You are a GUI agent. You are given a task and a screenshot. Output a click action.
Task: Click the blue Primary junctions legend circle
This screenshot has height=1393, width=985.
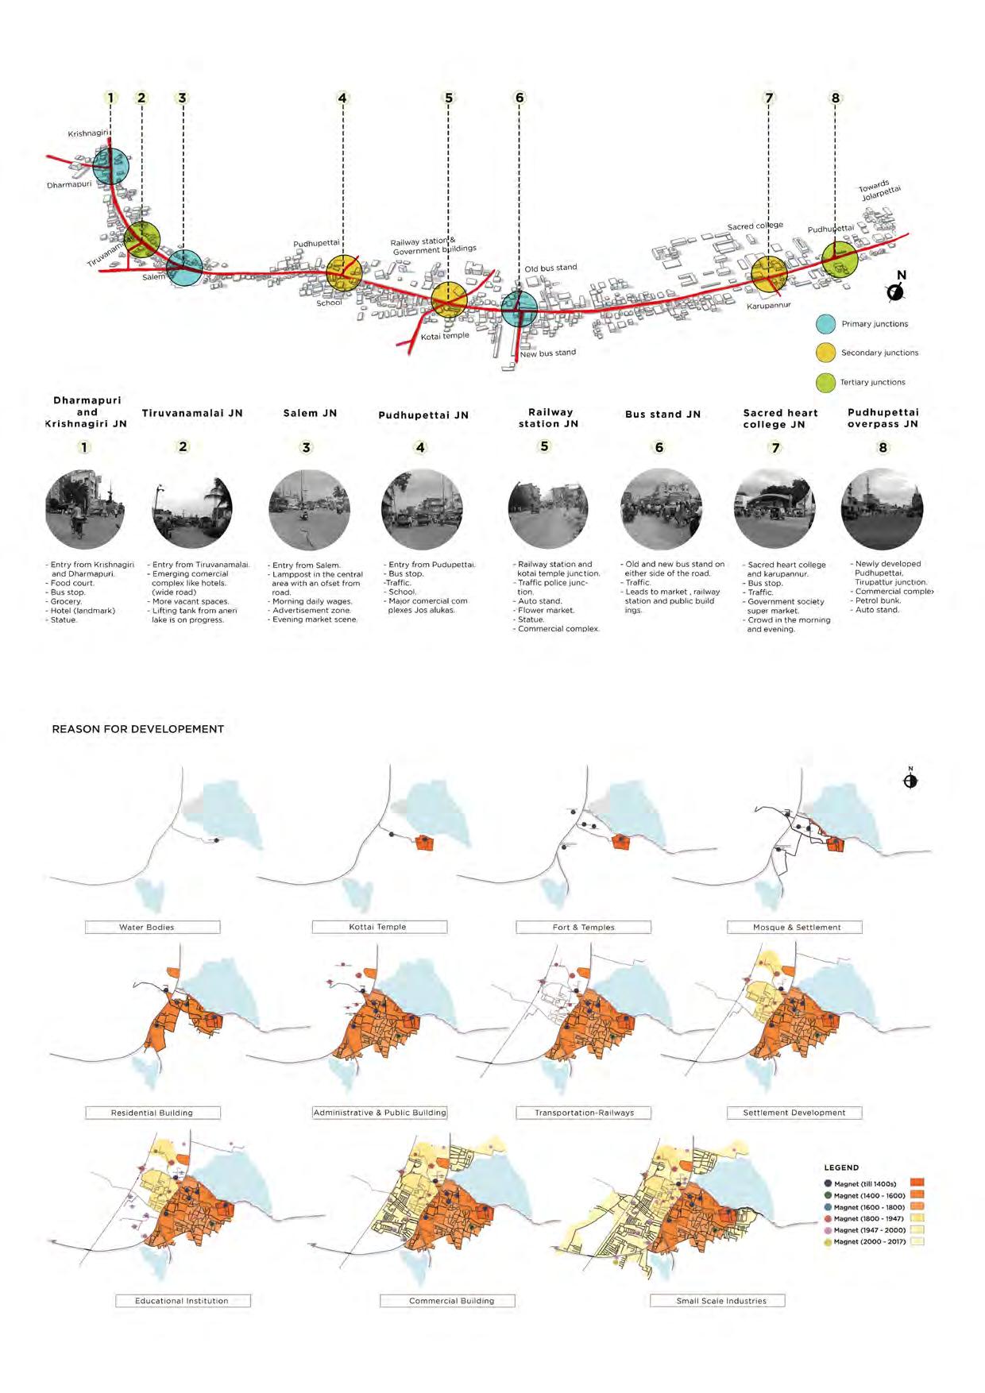826,324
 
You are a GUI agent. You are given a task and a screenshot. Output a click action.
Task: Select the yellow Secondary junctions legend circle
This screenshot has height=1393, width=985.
826,353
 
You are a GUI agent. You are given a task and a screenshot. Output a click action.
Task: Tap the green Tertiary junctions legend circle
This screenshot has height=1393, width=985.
826,382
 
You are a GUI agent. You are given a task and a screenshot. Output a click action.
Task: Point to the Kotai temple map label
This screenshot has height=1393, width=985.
445,336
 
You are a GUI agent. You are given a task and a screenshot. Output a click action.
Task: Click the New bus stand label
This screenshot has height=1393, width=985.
547,353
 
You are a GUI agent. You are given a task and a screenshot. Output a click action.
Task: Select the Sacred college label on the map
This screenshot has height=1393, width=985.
755,226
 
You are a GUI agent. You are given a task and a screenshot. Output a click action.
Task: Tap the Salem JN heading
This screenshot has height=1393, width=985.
310,413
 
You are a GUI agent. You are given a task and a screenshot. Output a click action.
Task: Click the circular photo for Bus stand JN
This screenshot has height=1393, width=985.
661,508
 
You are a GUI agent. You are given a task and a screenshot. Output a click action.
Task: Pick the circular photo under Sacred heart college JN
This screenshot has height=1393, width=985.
774,508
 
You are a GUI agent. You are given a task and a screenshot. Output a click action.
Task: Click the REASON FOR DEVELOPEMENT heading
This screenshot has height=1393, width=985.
137,729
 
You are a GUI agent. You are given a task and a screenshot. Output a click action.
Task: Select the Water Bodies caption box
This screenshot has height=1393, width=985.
153,927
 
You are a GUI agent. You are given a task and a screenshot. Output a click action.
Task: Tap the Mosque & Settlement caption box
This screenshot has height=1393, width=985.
794,927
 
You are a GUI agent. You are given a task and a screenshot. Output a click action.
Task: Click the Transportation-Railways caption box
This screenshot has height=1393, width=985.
584,1113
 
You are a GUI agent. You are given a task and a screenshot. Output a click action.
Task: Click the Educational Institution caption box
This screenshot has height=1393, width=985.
182,1301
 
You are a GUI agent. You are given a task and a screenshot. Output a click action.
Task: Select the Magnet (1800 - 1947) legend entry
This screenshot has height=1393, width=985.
867,1218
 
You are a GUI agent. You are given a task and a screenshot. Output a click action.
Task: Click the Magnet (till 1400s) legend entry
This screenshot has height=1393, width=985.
864,1184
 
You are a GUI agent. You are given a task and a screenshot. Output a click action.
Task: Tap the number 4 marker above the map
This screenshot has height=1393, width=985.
342,98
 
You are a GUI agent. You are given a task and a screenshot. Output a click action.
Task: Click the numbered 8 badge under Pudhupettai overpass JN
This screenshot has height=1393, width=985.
883,447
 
